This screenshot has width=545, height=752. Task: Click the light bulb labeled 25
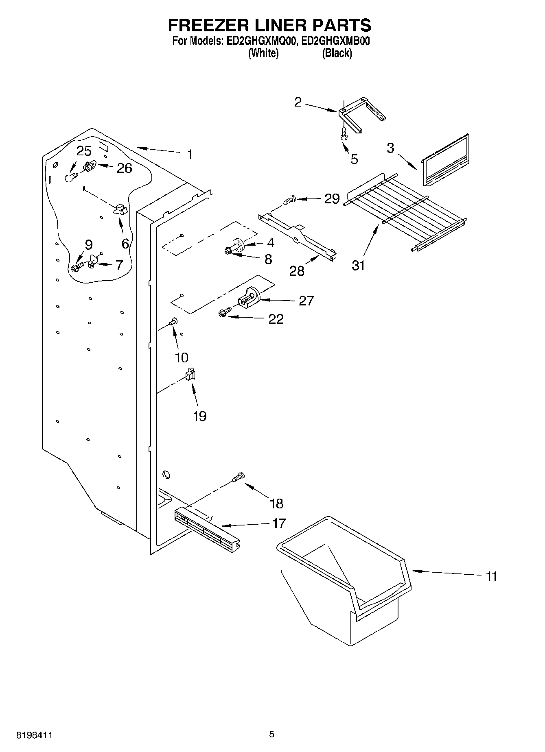point(70,177)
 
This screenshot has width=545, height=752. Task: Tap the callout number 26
point(124,168)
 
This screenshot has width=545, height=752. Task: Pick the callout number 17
point(279,523)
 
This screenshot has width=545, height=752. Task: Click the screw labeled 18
point(238,477)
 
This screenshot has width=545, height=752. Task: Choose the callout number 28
point(297,270)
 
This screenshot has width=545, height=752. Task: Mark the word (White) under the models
point(263,53)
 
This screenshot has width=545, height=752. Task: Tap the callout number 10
point(182,357)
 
